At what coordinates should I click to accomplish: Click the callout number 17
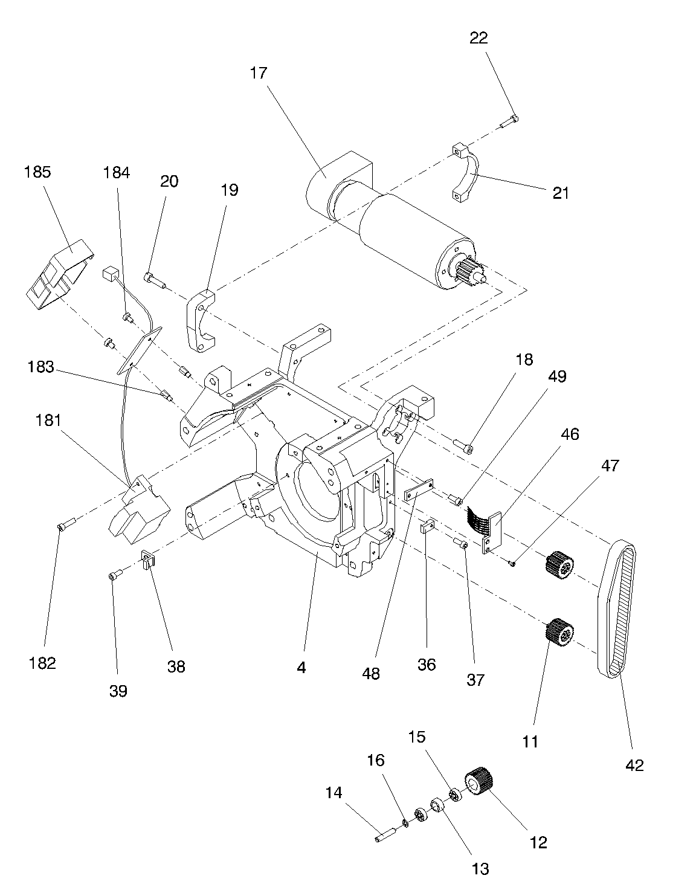pyautogui.click(x=259, y=73)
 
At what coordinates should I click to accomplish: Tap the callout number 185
pyautogui.click(x=37, y=172)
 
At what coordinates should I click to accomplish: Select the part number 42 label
pyautogui.click(x=634, y=765)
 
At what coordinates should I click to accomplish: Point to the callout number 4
pyautogui.click(x=301, y=668)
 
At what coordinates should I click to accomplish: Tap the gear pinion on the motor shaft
pyautogui.click(x=470, y=273)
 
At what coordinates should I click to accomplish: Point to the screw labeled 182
pyautogui.click(x=67, y=523)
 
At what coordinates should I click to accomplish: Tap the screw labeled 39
pyautogui.click(x=116, y=574)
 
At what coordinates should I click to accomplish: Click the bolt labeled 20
pyautogui.click(x=155, y=280)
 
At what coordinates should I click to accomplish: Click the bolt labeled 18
pyautogui.click(x=463, y=445)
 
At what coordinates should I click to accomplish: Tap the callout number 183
pyautogui.click(x=41, y=367)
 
